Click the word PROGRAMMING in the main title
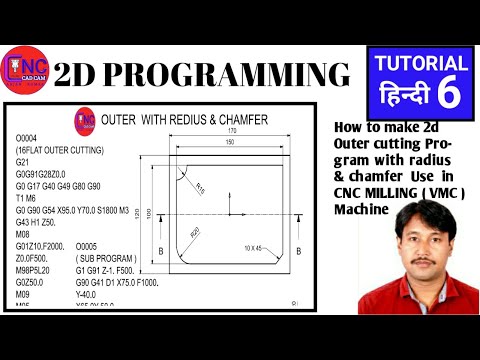tap(232, 75)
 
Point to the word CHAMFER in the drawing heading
tap(237, 121)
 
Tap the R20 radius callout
tap(196, 232)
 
